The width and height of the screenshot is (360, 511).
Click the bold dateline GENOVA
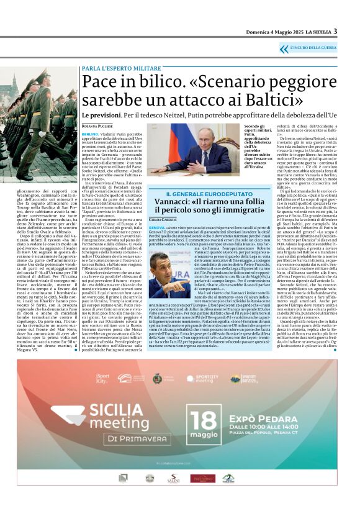(157, 228)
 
